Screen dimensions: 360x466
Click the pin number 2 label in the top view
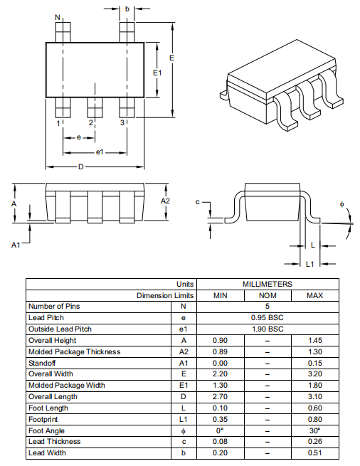[91, 122]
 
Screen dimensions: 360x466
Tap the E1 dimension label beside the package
[157, 73]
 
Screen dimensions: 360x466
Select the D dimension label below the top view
[81, 167]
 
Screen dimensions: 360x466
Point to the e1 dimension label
[100, 152]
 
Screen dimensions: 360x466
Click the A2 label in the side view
[165, 201]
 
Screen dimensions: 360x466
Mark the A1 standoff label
[16, 245]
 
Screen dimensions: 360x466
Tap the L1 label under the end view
[310, 264]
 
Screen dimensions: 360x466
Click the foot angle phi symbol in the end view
[342, 204]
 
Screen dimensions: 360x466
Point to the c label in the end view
[197, 202]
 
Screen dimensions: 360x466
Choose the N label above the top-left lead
[58, 18]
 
